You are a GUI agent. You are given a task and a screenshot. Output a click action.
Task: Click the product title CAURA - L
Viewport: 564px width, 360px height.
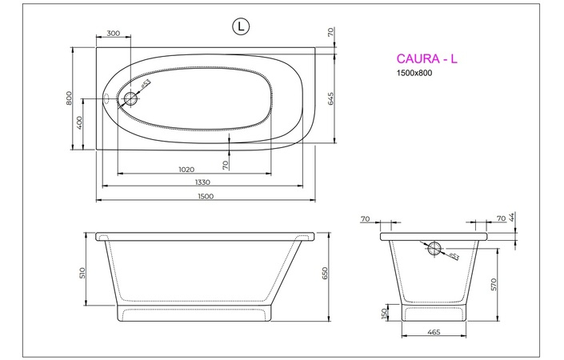coord(426,58)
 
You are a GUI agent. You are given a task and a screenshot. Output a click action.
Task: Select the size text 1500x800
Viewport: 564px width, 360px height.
coord(414,74)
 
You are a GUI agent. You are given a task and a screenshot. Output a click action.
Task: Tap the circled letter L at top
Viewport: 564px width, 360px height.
coord(240,27)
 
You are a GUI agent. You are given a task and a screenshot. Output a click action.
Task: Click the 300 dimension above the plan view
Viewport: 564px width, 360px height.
coord(113,34)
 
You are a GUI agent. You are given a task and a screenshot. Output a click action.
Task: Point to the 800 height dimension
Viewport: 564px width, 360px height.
coord(70,98)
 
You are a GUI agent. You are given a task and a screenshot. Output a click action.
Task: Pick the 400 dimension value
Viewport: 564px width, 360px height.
coord(80,123)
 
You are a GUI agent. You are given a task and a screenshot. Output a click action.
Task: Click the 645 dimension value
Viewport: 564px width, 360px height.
coord(330,98)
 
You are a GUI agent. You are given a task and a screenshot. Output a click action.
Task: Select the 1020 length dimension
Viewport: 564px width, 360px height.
coord(186,169)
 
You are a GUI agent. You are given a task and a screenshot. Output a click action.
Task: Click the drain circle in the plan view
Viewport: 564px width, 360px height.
coord(131,100)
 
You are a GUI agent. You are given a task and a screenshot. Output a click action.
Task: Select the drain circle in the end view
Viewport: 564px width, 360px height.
coord(434,248)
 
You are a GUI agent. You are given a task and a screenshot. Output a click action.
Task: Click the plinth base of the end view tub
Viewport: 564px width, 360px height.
coord(433,312)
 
